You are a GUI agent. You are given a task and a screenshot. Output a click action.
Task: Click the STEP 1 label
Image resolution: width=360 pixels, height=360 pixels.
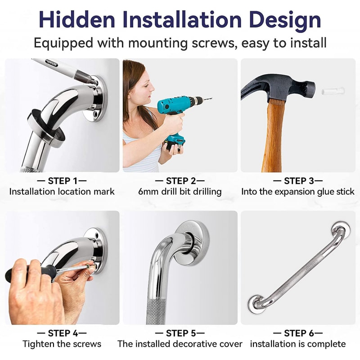[62, 181]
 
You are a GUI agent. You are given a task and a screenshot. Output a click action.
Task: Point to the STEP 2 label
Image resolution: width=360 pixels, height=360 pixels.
[180, 181]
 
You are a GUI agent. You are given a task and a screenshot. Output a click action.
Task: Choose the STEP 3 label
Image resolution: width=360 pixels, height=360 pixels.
[298, 181]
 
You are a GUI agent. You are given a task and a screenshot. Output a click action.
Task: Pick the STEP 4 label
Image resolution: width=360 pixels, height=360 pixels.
[62, 333]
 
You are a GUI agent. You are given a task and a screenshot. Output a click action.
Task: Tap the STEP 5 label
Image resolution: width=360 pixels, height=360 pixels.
[180, 333]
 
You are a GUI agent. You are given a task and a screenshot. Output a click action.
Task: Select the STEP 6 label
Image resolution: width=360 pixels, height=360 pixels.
[298, 333]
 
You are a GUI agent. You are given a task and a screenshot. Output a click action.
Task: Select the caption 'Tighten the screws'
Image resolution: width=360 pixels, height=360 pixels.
[62, 344]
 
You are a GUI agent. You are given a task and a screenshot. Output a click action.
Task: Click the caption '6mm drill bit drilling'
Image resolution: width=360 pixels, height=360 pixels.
[180, 192]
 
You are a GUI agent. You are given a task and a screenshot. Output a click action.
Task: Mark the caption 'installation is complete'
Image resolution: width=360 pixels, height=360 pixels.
[298, 344]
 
